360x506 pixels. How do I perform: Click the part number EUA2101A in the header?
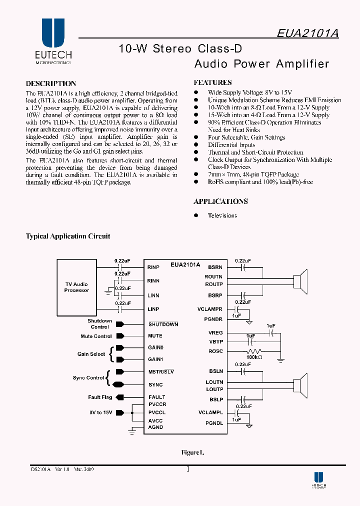[308, 33]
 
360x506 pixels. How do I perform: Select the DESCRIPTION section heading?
[51, 83]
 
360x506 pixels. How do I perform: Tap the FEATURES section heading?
[212, 82]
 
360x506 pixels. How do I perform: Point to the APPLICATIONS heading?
[220, 201]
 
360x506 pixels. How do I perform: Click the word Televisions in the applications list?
[222, 215]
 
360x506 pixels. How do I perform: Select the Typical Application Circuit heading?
[68, 236]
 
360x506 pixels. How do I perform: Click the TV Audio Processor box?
[76, 287]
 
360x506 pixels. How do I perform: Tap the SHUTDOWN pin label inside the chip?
[163, 324]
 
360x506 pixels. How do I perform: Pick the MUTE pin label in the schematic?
[155, 336]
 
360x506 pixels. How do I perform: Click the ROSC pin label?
[215, 351]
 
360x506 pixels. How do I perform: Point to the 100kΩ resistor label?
[254, 358]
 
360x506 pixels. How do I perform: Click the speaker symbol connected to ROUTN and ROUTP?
[300, 280]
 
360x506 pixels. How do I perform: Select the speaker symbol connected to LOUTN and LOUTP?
[300, 385]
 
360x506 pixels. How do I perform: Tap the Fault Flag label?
[100, 397]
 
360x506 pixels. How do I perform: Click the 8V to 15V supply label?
[100, 412]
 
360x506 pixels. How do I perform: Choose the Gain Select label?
[91, 354]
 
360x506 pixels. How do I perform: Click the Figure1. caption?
[192, 452]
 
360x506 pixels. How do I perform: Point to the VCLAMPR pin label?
[210, 309]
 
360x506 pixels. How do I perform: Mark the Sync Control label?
[88, 378]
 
